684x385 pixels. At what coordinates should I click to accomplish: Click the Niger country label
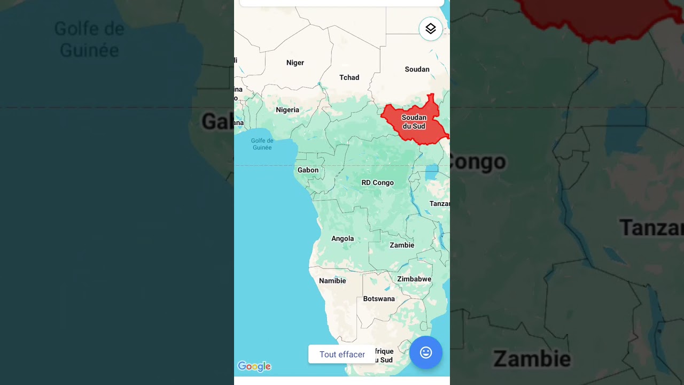(x=295, y=63)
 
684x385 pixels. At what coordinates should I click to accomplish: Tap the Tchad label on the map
(x=349, y=78)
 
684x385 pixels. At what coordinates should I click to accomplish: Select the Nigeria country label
(x=287, y=110)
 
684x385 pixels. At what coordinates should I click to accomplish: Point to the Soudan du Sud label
(x=414, y=122)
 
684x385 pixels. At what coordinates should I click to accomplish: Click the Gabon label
(x=308, y=170)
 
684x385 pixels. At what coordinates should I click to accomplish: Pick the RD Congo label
(x=377, y=182)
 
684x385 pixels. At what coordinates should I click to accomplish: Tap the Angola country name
(x=343, y=238)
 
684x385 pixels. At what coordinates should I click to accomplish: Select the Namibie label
(x=332, y=281)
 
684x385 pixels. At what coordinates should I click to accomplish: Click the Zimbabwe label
(x=414, y=279)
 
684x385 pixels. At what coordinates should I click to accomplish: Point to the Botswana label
(x=379, y=299)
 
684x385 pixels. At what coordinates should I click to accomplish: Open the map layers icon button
(x=431, y=29)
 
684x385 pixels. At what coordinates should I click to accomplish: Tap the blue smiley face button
(x=426, y=352)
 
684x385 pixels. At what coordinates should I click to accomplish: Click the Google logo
(x=254, y=366)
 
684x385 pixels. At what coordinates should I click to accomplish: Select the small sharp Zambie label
(x=402, y=245)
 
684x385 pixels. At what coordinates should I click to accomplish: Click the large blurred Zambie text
(x=532, y=359)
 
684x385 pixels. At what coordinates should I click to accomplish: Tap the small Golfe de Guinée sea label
(x=262, y=144)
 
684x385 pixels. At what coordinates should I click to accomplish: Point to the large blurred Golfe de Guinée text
(x=89, y=39)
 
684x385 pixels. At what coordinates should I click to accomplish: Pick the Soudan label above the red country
(x=417, y=69)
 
